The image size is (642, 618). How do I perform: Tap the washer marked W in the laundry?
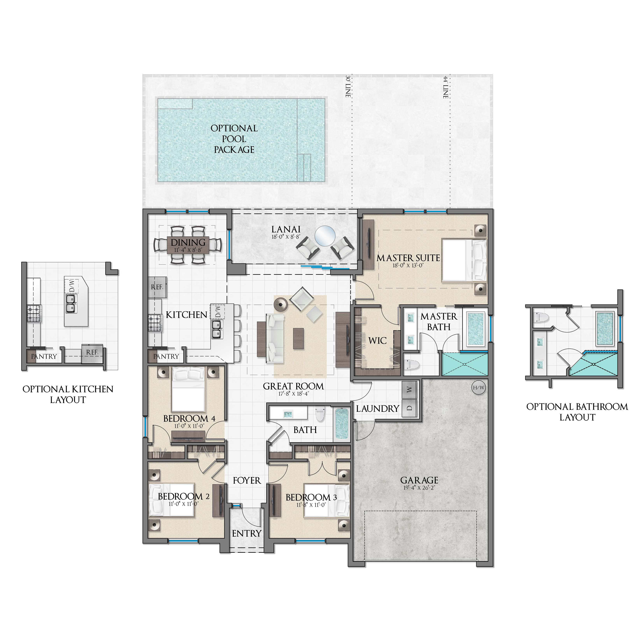tap(409, 389)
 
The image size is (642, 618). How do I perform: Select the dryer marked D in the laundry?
tap(409, 408)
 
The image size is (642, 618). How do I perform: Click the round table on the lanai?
tap(325, 236)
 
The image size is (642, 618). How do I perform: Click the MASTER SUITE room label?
tap(408, 258)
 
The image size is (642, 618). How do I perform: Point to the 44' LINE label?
tap(446, 87)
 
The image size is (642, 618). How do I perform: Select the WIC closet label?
tap(377, 341)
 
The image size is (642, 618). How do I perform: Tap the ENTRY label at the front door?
tap(247, 533)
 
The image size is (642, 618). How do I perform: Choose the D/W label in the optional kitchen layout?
tap(72, 286)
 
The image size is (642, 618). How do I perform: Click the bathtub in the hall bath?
tap(341, 424)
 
